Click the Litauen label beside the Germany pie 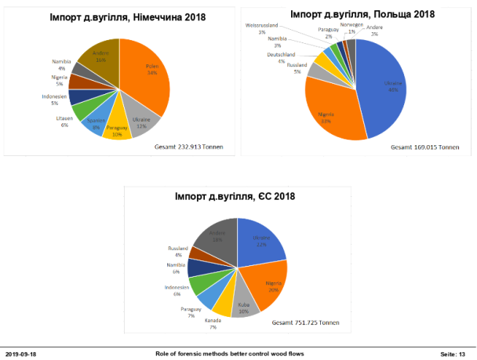(x=65, y=119)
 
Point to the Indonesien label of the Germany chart (x=55, y=99)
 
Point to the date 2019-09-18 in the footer (x=21, y=355)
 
